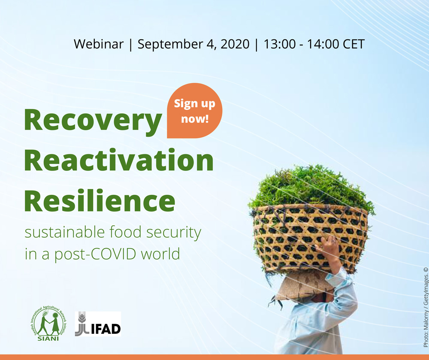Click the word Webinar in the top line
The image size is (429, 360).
[x=99, y=44]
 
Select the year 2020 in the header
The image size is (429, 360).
[x=235, y=44]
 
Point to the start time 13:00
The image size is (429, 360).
[x=279, y=44]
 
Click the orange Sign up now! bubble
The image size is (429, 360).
[x=194, y=111]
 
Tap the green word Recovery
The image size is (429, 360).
[x=93, y=121]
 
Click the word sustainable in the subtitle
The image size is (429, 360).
[x=65, y=232]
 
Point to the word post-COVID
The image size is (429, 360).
[x=95, y=254]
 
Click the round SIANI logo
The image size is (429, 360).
[x=48, y=323]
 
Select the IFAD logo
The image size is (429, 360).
[x=98, y=324]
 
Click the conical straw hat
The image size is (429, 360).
[x=303, y=286]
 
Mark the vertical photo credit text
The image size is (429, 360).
[x=426, y=307]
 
